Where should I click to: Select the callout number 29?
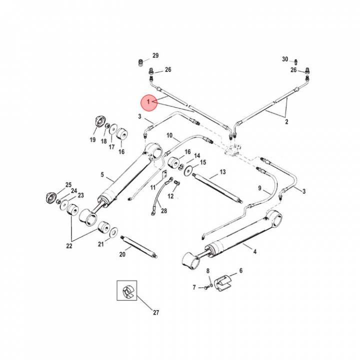[x=155, y=55]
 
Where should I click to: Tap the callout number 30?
[x=285, y=59]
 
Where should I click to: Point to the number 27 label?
[x=155, y=313]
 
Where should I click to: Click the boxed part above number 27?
[x=126, y=290]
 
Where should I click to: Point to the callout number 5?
[x=102, y=175]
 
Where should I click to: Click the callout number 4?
[x=254, y=252]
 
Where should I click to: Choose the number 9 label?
[x=260, y=188]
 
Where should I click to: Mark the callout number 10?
[x=169, y=135]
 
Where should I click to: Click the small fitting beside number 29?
[x=140, y=62]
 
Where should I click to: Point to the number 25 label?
[x=68, y=185]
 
